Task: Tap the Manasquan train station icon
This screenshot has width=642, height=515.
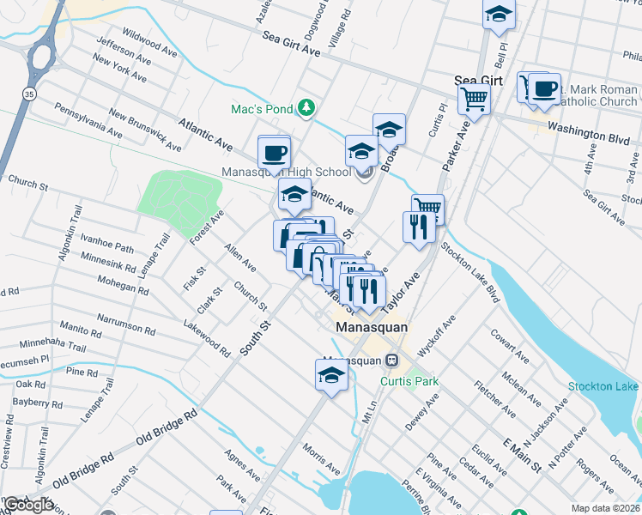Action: (391, 360)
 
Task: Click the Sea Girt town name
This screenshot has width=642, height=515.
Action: (478, 80)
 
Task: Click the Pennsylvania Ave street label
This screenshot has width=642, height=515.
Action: (88, 119)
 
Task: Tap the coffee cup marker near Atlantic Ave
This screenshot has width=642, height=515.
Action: (274, 153)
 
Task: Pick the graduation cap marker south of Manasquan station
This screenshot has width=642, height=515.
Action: (331, 375)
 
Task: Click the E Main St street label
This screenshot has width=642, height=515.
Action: (522, 455)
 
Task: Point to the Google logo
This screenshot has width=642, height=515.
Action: (27, 505)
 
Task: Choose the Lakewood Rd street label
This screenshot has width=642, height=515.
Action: (207, 338)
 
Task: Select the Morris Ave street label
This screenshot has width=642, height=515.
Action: (321, 457)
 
